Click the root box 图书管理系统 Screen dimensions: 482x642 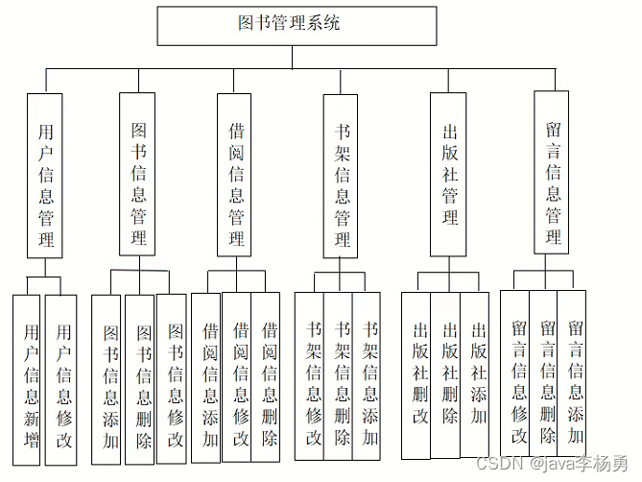click(289, 25)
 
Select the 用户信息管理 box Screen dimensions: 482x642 click(45, 176)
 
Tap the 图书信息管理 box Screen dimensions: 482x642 click(138, 175)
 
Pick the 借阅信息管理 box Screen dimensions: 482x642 click(236, 175)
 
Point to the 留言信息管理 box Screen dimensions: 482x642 click(551, 174)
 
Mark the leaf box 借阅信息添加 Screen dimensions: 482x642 click(209, 379)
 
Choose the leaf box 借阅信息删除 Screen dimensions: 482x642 click(269, 379)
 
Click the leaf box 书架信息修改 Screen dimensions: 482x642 click(311, 379)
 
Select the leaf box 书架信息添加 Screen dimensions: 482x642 click(370, 379)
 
